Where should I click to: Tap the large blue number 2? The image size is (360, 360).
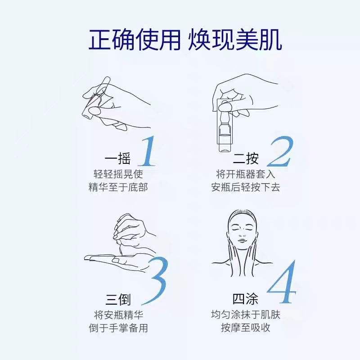pyautogui.click(x=280, y=152)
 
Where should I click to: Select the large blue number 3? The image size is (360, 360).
pyautogui.click(x=157, y=282)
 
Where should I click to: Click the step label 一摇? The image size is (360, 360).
pyautogui.click(x=117, y=158)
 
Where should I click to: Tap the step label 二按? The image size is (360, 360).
pyautogui.click(x=246, y=158)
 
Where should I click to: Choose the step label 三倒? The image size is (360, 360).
pyautogui.click(x=118, y=299)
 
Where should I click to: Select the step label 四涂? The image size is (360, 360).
pyautogui.click(x=245, y=299)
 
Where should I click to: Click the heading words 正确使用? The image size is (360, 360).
pyautogui.click(x=135, y=40)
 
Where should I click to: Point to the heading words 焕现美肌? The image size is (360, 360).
pyautogui.click(x=235, y=40)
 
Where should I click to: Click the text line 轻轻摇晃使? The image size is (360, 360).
pyautogui.click(x=118, y=174)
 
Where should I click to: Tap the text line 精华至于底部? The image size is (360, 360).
pyautogui.click(x=118, y=187)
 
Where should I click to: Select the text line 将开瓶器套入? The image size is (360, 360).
pyautogui.click(x=245, y=174)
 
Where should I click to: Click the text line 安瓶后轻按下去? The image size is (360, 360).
pyautogui.click(x=245, y=187)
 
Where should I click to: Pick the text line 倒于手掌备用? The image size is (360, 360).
pyautogui.click(x=118, y=328)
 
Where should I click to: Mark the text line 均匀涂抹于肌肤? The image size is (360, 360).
pyautogui.click(x=245, y=315)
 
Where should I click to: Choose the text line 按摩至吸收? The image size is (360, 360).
pyautogui.click(x=245, y=328)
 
